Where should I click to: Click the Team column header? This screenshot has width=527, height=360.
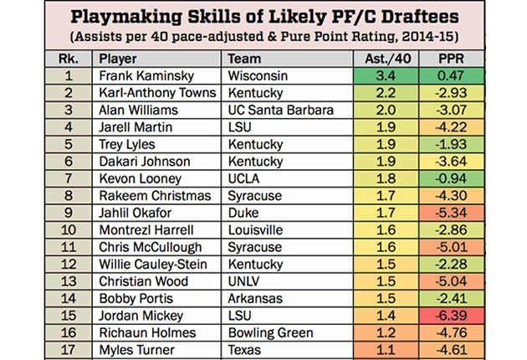244,59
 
